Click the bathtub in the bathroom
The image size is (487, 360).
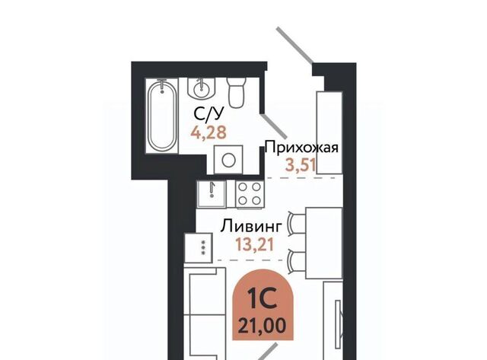pyautogui.click(x=162, y=115)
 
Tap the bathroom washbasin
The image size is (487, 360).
pyautogui.click(x=202, y=88)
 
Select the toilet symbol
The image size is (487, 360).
pyautogui.click(x=237, y=92)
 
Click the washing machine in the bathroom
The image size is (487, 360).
pyautogui.click(x=228, y=161)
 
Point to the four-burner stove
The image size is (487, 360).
pyautogui.click(x=250, y=194)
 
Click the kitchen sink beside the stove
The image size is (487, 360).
pyautogui.click(x=212, y=194)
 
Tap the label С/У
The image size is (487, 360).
pyautogui.click(x=208, y=114)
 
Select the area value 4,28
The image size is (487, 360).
pyautogui.click(x=208, y=132)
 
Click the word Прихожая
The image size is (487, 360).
pyautogui.click(x=301, y=148)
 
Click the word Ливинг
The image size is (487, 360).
pyautogui.click(x=251, y=227)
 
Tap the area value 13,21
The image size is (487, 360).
pyautogui.click(x=255, y=244)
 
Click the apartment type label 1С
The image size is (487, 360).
pyautogui.click(x=263, y=299)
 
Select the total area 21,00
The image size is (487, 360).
pyautogui.click(x=262, y=326)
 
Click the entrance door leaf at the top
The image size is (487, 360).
pyautogui.click(x=294, y=46)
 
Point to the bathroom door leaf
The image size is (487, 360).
pyautogui.click(x=274, y=126)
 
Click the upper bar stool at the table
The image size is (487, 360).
pyautogui.click(x=296, y=222)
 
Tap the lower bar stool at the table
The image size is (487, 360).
pyautogui.click(x=296, y=263)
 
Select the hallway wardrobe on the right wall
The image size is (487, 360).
pyautogui.click(x=329, y=132)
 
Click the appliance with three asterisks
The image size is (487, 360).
pyautogui.click(x=199, y=247)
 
